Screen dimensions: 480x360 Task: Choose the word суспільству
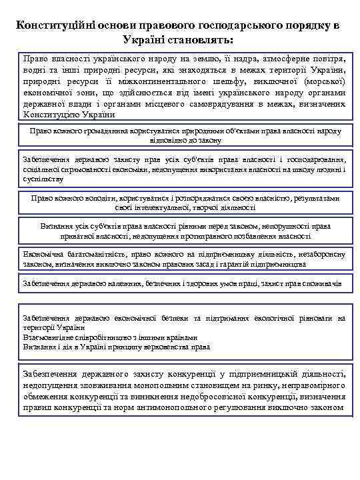43,179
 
